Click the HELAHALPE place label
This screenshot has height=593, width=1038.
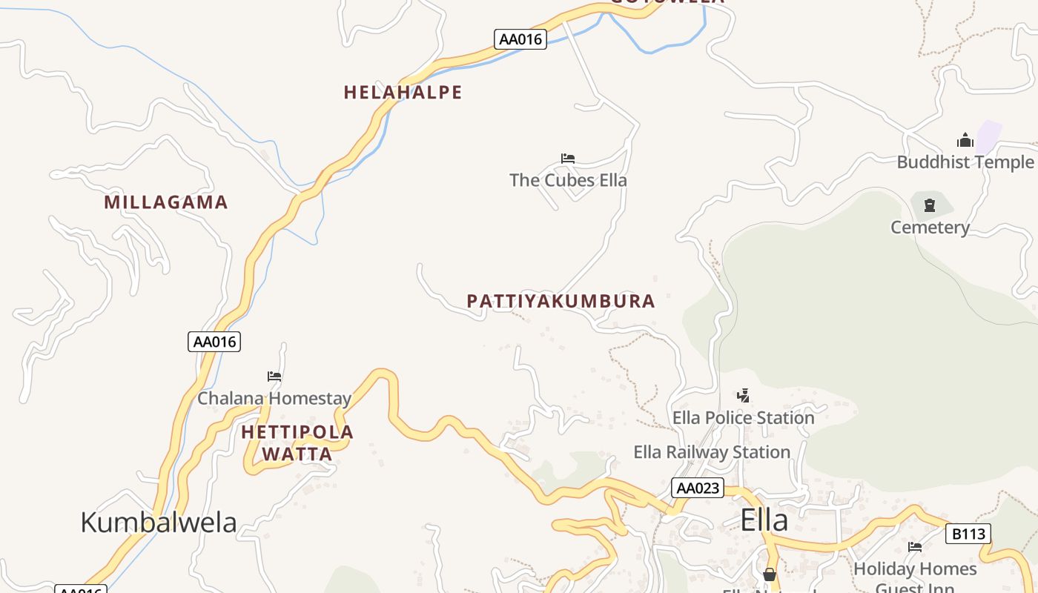pos(403,93)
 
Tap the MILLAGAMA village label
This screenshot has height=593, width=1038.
pos(165,202)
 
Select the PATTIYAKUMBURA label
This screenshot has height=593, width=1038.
pos(561,301)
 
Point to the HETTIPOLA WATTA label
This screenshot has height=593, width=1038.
pos(297,443)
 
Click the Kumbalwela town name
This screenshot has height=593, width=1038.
pos(158,522)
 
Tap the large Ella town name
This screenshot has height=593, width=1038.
pos(764,520)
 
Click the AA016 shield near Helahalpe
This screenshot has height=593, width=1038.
pos(520,39)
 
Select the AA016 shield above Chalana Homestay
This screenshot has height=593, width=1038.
pos(214,342)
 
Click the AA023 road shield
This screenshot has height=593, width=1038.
pos(698,488)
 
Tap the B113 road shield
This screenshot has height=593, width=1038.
pos(968,534)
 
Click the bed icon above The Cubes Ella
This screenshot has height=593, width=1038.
pos(568,159)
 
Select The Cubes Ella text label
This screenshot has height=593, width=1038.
pos(568,180)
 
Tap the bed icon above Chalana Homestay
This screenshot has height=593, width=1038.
pos(274,377)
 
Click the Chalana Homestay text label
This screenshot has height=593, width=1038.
pos(274,399)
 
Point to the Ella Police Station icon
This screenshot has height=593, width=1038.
pos(743,396)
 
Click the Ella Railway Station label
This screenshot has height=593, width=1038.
pos(712,452)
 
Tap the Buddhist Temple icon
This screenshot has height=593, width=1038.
pos(965,140)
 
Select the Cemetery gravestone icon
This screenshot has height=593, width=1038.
pos(930,205)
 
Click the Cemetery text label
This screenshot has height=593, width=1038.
pos(930,228)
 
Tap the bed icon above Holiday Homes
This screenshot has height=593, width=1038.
pos(915,547)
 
